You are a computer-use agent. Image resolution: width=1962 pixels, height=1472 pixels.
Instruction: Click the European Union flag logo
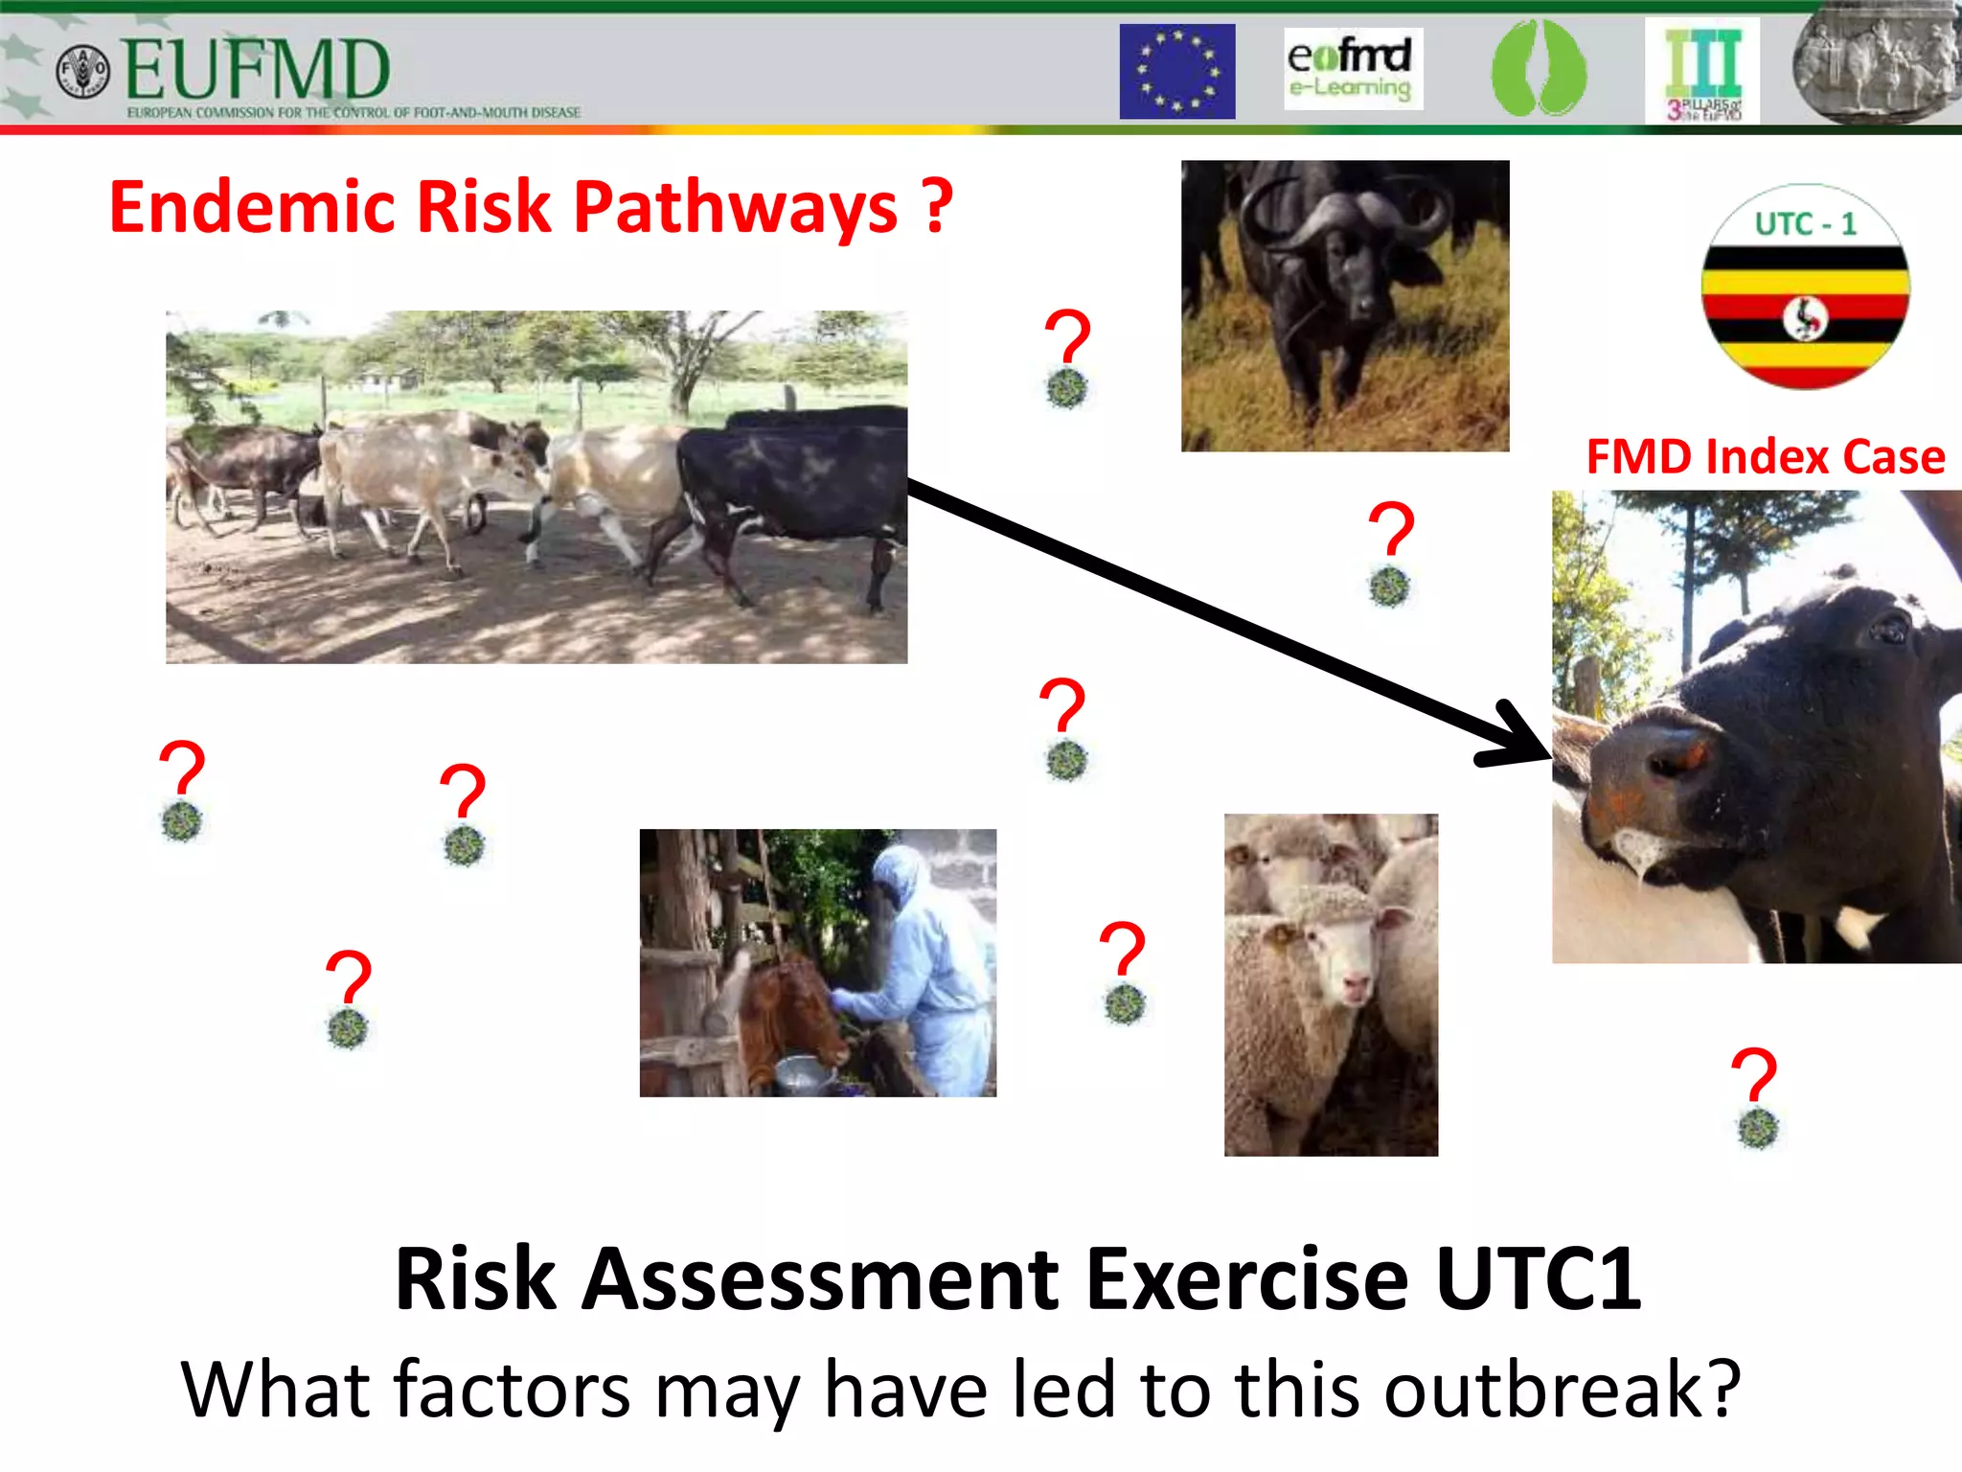(1176, 72)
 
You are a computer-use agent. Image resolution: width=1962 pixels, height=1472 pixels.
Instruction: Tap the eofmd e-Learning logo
(1352, 69)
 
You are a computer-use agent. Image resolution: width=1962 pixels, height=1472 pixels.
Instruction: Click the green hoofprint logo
(1538, 70)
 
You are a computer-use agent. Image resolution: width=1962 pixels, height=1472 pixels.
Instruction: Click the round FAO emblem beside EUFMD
(83, 72)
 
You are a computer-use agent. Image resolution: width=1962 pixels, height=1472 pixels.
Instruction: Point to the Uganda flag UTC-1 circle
(1805, 287)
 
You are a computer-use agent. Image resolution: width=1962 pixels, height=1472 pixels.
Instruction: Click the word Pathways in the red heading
(735, 207)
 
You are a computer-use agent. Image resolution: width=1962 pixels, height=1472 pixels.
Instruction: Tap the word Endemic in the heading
(252, 207)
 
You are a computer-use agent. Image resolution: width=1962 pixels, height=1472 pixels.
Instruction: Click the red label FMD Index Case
(1765, 457)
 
